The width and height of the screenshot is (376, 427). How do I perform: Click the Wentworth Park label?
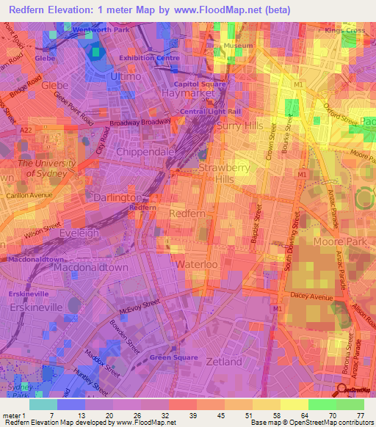pos(100,29)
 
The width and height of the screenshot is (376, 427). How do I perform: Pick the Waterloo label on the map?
pos(196,264)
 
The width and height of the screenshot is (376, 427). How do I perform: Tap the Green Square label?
pos(170,357)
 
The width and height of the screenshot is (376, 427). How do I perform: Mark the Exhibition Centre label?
pos(149,57)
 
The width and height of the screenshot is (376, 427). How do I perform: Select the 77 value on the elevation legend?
pos(359,416)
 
